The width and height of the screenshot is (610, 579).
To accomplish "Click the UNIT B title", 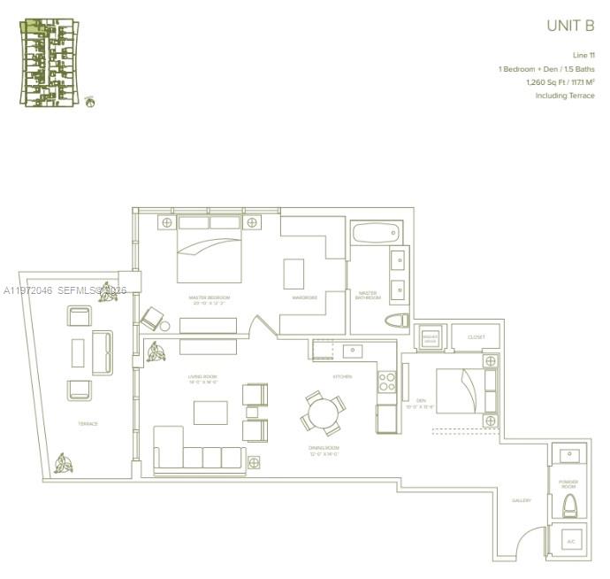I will [x=570, y=27].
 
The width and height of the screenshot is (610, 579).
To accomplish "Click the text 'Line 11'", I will [x=583, y=55].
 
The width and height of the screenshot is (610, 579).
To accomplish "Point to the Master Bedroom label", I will [x=210, y=298].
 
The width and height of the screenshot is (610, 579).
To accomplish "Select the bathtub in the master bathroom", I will [x=375, y=235].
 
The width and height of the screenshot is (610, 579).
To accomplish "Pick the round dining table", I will [x=323, y=413].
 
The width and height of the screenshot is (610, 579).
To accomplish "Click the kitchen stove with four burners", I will [x=387, y=381].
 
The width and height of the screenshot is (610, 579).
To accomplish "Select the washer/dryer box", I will [x=431, y=337].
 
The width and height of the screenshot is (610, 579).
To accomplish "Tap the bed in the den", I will [x=467, y=390].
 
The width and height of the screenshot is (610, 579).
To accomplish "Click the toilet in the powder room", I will [x=570, y=506].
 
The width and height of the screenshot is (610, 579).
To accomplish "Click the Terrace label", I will [x=88, y=424].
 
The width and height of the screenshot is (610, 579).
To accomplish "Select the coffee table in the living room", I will [x=210, y=413].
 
